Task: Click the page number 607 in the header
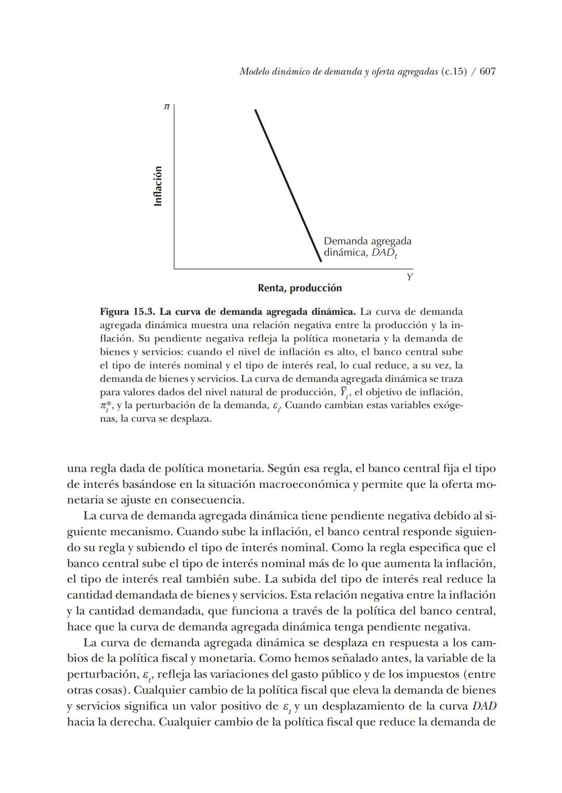point(487,72)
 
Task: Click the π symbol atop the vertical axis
point(167,107)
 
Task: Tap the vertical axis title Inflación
point(158,186)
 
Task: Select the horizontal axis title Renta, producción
point(300,288)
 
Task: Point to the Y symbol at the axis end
point(410,277)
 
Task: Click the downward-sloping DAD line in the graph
point(288,185)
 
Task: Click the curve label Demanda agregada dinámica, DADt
point(367,247)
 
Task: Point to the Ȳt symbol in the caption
point(343,392)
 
